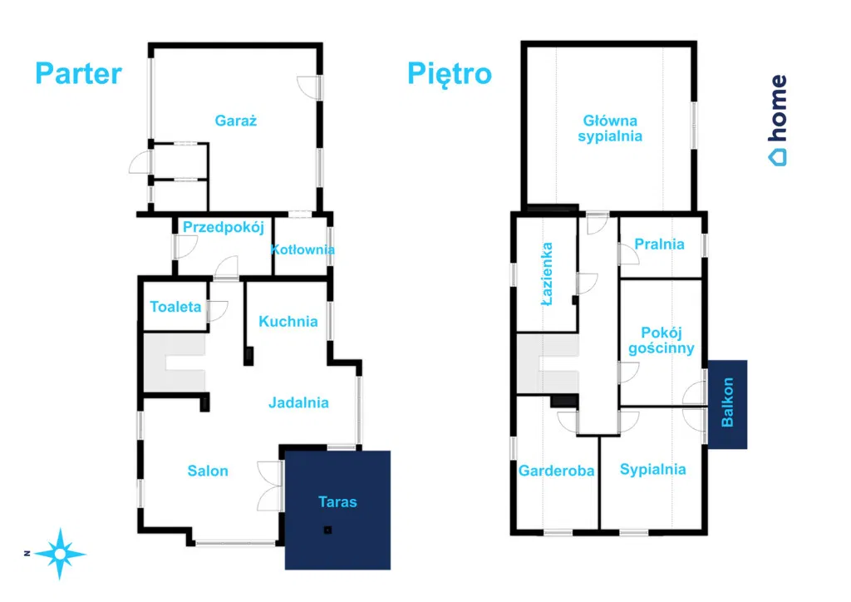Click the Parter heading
pos(79,73)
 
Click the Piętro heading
pos(450,74)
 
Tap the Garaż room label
pos(235,120)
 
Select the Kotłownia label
pos(303,249)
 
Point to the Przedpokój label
pos(223,228)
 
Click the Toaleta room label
pos(175,307)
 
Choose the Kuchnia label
pos(288,321)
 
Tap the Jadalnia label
pos(298,402)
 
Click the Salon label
pos(208,471)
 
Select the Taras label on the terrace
pos(337,501)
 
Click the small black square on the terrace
pos(327,530)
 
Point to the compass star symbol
pos(60,554)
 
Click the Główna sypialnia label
pos(610,128)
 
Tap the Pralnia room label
pos(659,244)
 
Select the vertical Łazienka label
pos(547,274)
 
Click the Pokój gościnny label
pos(661,340)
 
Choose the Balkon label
pos(727,402)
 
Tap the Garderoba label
pos(556,471)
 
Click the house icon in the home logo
pos(777,157)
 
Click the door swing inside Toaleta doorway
pos(218,311)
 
